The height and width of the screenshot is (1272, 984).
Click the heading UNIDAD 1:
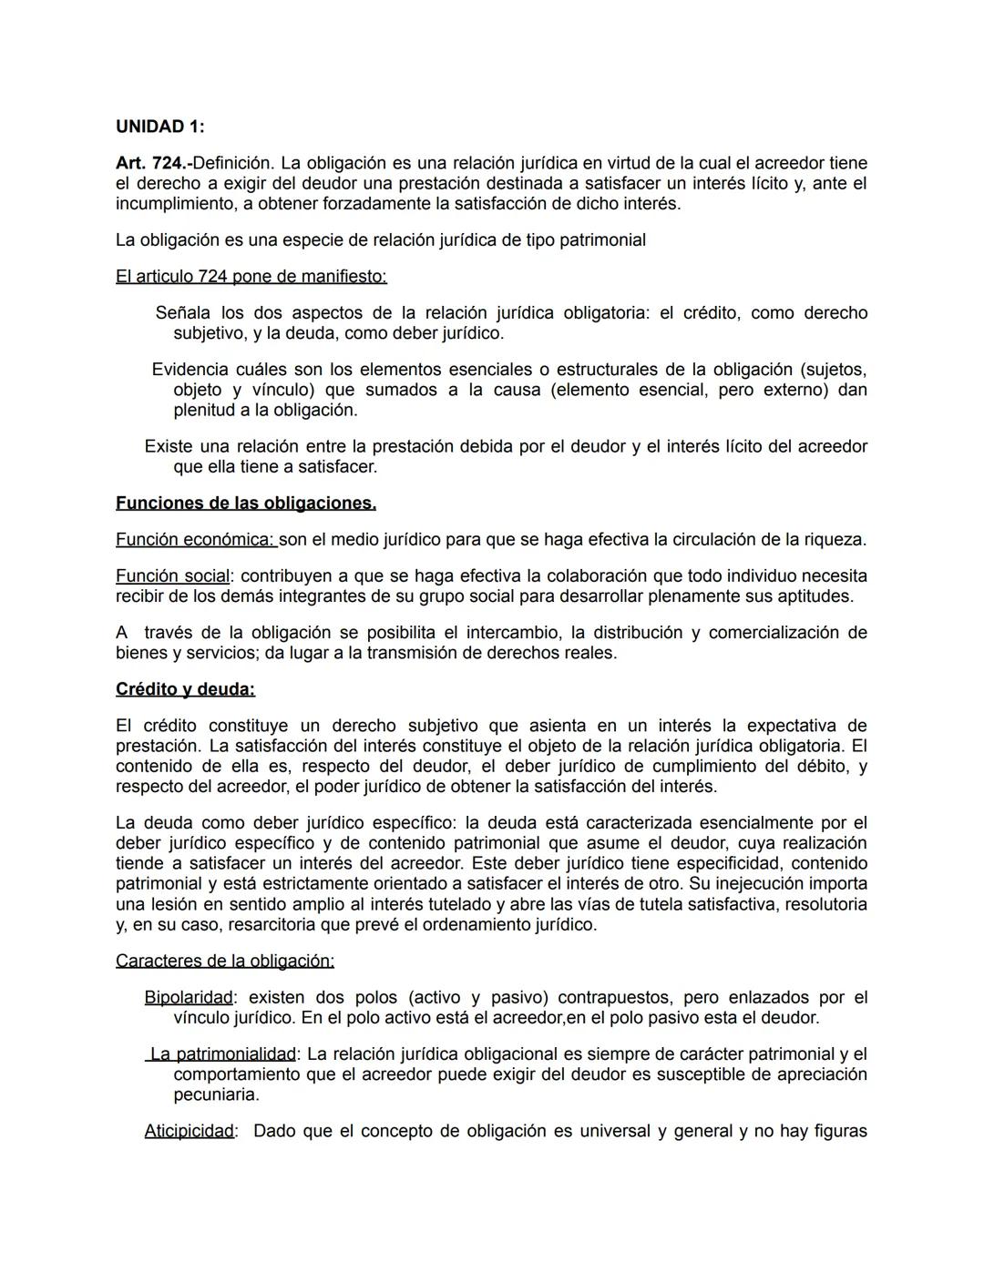pyautogui.click(x=159, y=127)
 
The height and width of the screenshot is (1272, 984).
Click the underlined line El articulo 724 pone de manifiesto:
pyautogui.click(x=251, y=276)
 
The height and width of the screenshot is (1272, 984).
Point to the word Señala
pyautogui.click(x=182, y=313)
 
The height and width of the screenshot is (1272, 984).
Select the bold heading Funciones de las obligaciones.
pyautogui.click(x=246, y=503)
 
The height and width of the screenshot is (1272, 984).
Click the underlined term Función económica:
pyautogui.click(x=195, y=539)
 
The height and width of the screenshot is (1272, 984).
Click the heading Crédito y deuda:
pyautogui.click(x=185, y=689)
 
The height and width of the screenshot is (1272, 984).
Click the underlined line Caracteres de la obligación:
pyautogui.click(x=225, y=961)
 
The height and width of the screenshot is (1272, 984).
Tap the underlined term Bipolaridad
pyautogui.click(x=189, y=998)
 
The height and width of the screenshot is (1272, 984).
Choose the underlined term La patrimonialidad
pyautogui.click(x=223, y=1054)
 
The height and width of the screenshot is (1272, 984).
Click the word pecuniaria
pyautogui.click(x=216, y=1094)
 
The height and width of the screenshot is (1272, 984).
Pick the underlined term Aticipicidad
pyautogui.click(x=190, y=1131)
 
